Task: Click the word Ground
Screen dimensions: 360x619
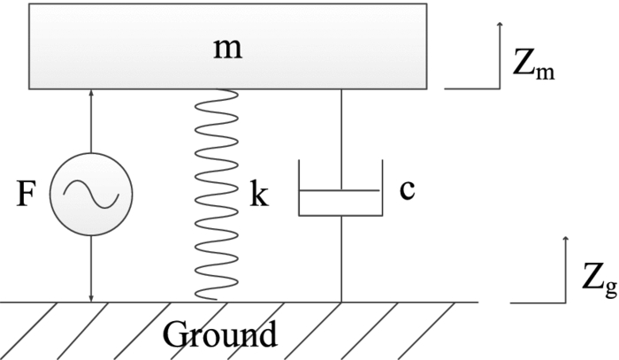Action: pos(219,335)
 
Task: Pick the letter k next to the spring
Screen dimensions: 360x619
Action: pos(258,195)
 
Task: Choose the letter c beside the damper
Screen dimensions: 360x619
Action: pos(407,190)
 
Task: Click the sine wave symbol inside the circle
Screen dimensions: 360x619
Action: pos(91,194)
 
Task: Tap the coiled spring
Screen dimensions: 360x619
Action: pos(215,195)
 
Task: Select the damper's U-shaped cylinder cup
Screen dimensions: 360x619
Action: pos(340,211)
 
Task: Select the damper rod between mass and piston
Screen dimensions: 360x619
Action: pos(340,137)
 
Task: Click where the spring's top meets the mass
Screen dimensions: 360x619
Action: pos(215,90)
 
